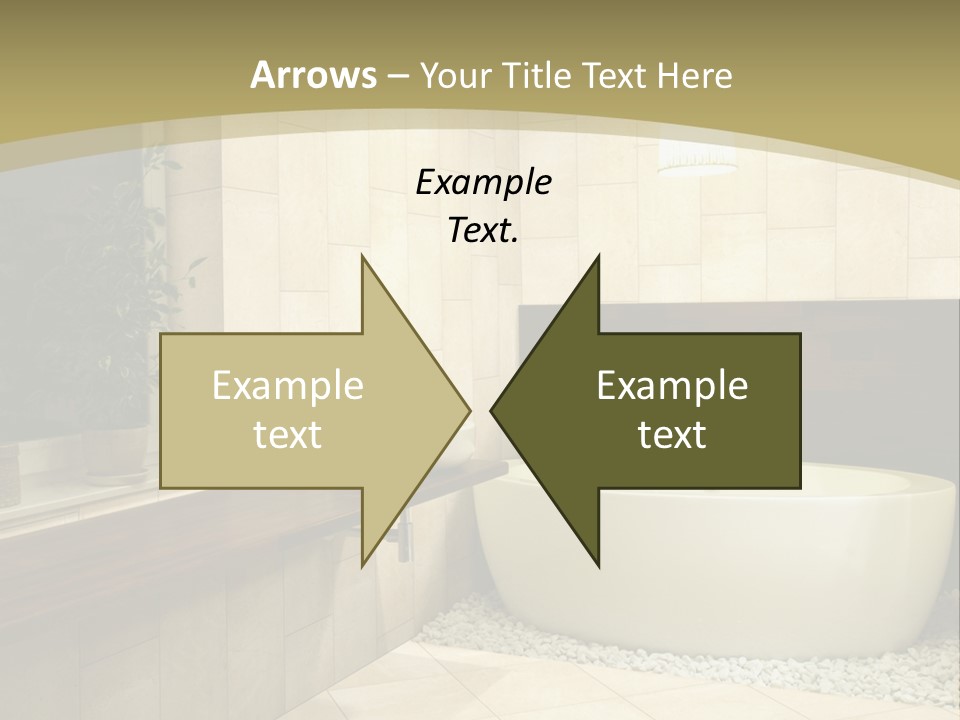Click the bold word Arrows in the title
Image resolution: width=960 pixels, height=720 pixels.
(313, 75)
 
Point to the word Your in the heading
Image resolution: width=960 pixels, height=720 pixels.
(451, 75)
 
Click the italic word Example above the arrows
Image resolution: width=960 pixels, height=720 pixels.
(483, 182)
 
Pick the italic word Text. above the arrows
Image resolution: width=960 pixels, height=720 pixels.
(483, 230)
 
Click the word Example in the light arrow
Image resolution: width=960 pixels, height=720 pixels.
(288, 385)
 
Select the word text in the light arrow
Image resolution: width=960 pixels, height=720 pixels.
(288, 434)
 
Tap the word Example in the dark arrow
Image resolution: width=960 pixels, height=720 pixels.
(672, 385)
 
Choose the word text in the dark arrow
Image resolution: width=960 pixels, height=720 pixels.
(672, 434)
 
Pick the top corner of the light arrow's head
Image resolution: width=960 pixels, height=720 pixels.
(362, 256)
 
